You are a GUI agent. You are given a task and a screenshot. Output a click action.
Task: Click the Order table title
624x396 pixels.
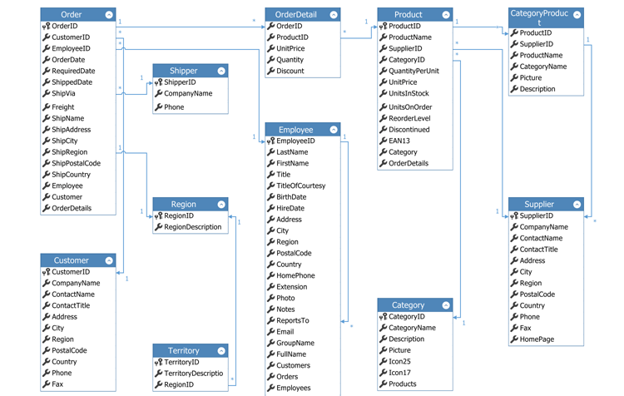[72, 15]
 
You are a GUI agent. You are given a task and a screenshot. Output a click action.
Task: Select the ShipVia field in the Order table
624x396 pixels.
[63, 94]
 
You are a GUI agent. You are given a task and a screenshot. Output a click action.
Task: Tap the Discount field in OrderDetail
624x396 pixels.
[290, 71]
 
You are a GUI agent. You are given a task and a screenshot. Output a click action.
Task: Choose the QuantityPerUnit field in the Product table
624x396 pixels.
[414, 71]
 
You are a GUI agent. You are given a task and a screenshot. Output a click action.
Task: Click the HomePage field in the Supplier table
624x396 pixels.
[537, 339]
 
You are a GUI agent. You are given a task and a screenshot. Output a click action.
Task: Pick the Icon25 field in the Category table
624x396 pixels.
[399, 362]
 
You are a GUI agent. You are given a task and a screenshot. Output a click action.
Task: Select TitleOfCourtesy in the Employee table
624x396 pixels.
[300, 186]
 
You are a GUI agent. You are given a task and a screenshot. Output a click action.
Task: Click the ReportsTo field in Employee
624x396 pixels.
[292, 320]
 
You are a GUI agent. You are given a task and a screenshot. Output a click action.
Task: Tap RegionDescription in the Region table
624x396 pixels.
[192, 227]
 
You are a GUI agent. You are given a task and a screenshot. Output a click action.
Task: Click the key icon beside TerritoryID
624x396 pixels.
[159, 363]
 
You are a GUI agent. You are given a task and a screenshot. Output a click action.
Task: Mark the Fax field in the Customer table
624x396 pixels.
[57, 384]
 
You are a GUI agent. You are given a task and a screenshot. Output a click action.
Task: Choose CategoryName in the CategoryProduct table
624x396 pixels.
[542, 67]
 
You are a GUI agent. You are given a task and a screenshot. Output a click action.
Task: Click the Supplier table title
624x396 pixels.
[539, 204]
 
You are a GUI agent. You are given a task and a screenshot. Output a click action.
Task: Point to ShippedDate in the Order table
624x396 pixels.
[72, 82]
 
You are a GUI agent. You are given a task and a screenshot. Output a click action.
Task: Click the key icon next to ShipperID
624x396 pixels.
[159, 82]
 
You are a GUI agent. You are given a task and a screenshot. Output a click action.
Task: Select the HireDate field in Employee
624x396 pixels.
[290, 208]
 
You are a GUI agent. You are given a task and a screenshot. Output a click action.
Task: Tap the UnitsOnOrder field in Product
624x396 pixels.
[410, 107]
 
